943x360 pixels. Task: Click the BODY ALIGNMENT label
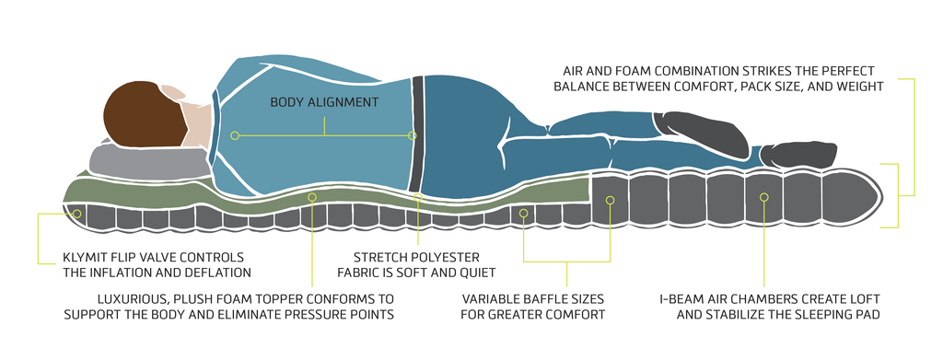[324, 102]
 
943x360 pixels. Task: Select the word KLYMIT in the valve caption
[84, 257]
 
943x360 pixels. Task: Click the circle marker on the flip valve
[77, 214]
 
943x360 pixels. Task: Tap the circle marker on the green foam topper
[312, 196]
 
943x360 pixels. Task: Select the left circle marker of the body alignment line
[235, 136]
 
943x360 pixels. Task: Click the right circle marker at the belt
[412, 136]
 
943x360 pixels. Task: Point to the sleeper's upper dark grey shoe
[701, 134]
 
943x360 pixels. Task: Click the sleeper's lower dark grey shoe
[797, 154]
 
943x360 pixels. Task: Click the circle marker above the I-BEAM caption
[763, 196]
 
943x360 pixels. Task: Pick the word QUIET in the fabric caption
[478, 273]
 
